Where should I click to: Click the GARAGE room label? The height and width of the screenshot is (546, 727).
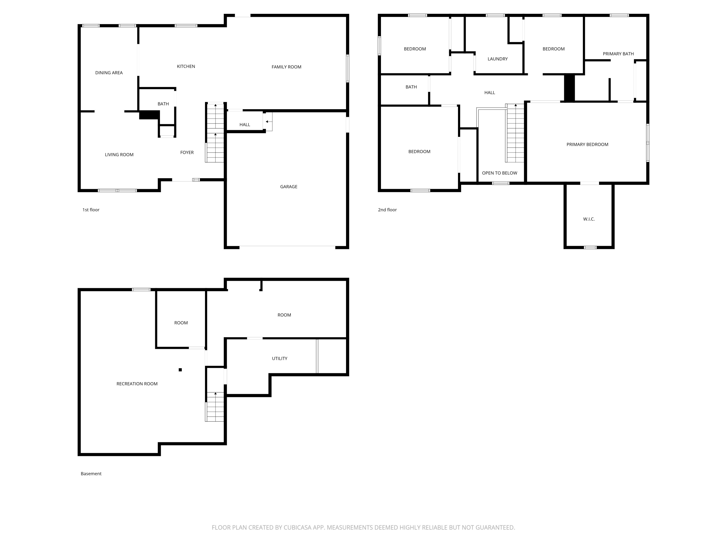pos(289,187)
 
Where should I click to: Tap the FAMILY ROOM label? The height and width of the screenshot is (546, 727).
pos(286,67)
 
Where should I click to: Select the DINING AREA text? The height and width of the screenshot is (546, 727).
pos(109,73)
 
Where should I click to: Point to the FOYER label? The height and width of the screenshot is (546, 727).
pos(187,152)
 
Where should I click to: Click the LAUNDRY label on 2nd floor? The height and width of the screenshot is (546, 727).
pos(497,59)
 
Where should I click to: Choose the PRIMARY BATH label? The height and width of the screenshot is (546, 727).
pos(618,54)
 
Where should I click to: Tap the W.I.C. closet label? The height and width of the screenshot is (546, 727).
pos(589,219)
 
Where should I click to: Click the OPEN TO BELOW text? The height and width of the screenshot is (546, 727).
pos(499,173)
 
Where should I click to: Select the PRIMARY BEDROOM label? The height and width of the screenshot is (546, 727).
pos(587,144)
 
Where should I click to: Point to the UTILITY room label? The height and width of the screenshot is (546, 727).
pos(279,358)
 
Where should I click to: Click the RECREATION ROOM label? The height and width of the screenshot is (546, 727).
pos(137,384)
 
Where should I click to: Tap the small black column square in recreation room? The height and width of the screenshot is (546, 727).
pos(180,370)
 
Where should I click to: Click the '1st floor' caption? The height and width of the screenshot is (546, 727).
pos(91,210)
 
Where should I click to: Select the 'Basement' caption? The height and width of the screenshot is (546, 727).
pos(91,474)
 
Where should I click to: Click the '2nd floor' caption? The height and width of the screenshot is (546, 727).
pos(387,210)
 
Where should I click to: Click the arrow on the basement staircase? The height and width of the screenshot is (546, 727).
pos(215,394)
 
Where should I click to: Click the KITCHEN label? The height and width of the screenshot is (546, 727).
pos(186,66)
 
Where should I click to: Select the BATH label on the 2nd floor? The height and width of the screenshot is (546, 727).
pos(411,87)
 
